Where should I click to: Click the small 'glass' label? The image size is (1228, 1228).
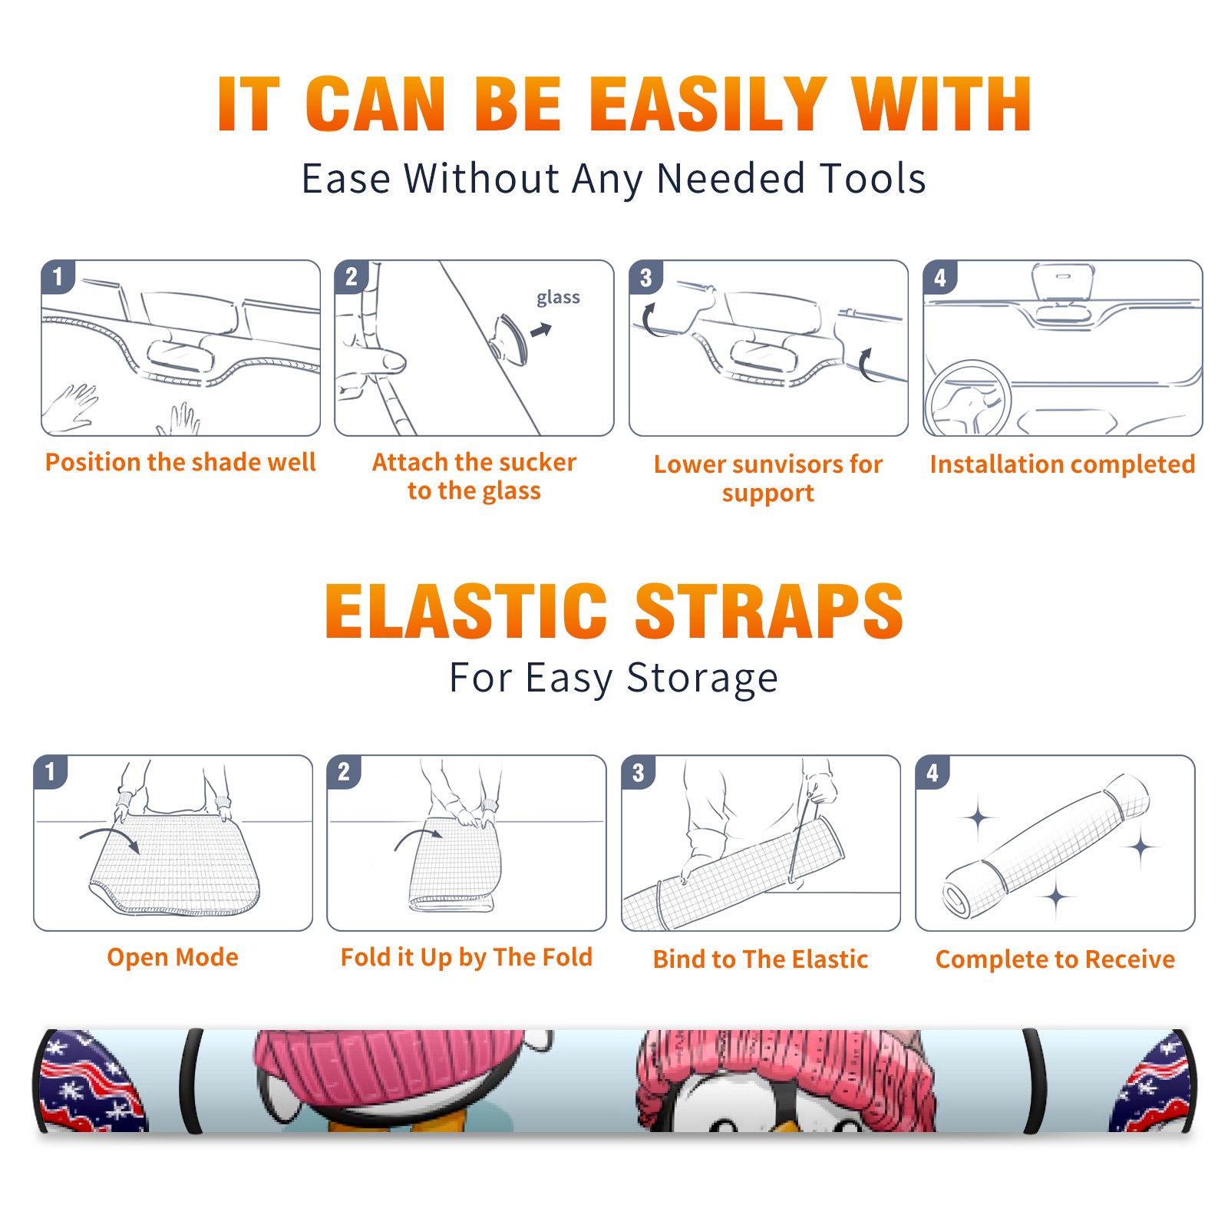pyautogui.click(x=558, y=298)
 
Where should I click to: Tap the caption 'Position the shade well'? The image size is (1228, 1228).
pyautogui.click(x=180, y=462)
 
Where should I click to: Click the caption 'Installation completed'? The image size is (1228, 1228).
pyautogui.click(x=1062, y=464)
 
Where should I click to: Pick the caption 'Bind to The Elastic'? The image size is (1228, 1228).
pyautogui.click(x=761, y=959)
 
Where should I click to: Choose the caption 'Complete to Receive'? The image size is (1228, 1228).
pyautogui.click(x=1055, y=959)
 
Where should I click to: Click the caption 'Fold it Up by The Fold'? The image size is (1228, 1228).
pyautogui.click(x=467, y=957)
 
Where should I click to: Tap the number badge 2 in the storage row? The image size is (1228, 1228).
pyautogui.click(x=344, y=771)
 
